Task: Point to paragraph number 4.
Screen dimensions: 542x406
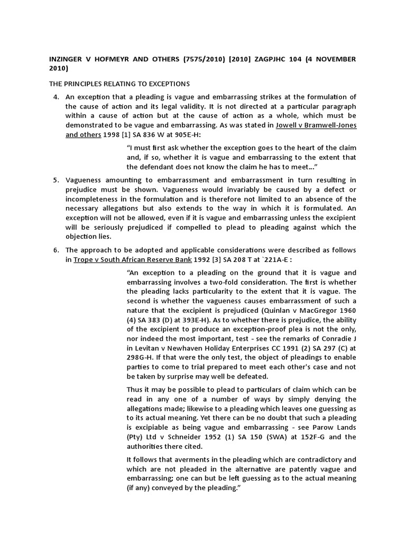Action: (56, 96)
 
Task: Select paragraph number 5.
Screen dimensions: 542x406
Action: (56, 180)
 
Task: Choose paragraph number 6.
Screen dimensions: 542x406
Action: (56, 250)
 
